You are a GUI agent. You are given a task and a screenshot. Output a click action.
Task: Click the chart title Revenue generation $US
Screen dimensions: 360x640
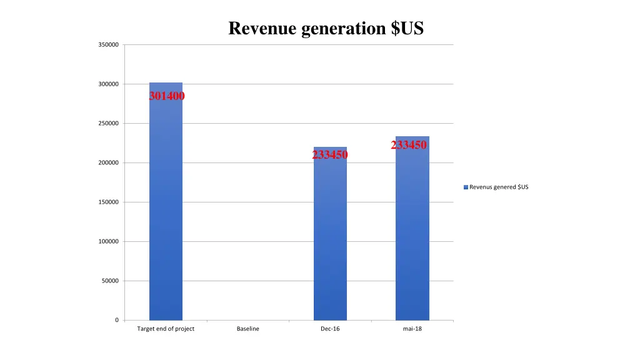coord(326,29)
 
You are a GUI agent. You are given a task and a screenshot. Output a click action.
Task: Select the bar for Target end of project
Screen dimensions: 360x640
coord(166,206)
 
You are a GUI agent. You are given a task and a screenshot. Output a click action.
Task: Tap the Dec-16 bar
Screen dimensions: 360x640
coord(330,237)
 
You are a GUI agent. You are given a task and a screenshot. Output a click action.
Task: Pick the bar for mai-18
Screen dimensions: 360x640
coord(412,231)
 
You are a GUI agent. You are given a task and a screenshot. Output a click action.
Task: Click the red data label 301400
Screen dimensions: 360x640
coord(167,96)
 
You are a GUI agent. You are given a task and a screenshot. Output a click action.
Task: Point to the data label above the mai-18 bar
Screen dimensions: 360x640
coord(409,145)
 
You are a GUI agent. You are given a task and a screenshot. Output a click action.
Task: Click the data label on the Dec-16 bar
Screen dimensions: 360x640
coord(330,155)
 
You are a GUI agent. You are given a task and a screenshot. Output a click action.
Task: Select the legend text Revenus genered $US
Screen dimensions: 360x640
coord(499,187)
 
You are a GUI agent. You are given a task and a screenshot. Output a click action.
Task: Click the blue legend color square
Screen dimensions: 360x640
coord(466,187)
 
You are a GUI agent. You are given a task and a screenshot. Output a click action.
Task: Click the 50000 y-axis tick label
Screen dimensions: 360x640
coord(109,281)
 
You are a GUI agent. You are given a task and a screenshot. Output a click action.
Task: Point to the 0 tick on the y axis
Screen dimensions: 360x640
coord(116,321)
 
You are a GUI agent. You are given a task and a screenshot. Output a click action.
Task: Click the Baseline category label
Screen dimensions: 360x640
coord(247,329)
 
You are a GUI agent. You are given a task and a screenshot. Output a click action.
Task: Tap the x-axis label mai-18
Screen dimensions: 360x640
coord(412,329)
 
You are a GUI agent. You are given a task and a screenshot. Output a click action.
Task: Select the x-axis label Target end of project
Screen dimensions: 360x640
coord(166,329)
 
